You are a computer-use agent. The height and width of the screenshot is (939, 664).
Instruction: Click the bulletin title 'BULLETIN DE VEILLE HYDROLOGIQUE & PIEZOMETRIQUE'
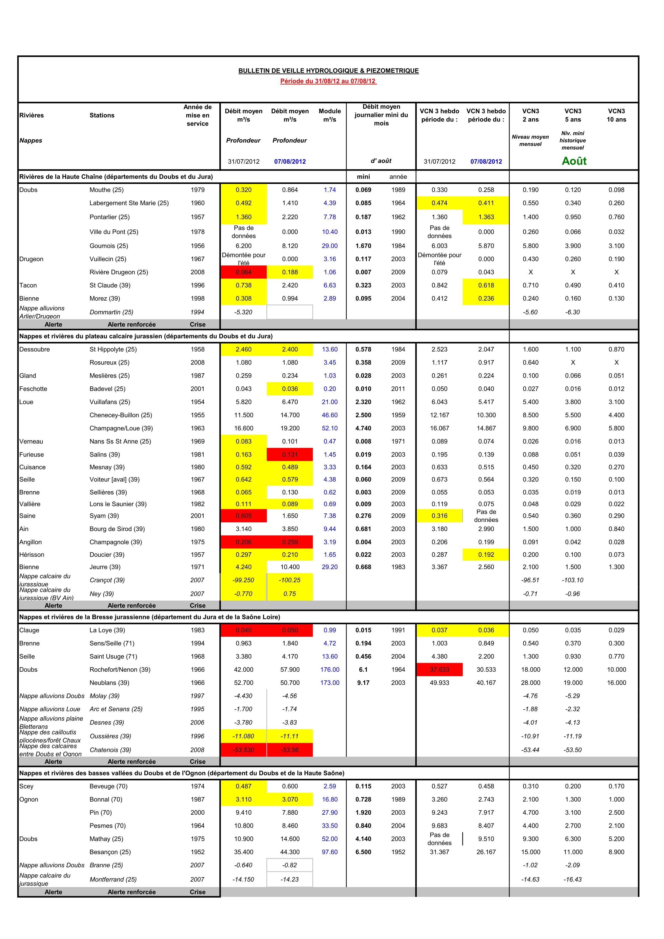(x=328, y=71)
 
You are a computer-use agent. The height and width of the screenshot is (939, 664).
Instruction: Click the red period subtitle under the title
(x=328, y=81)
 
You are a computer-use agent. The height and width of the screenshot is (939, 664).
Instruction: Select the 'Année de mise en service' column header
(x=197, y=115)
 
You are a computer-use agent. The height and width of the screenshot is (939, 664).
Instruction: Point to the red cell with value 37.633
(x=439, y=670)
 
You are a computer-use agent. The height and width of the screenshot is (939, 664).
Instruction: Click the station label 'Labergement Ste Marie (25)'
(x=129, y=203)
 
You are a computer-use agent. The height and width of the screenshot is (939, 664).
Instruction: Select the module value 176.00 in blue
(x=330, y=670)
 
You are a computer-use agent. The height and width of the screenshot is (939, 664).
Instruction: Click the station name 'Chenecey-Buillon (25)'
(x=121, y=415)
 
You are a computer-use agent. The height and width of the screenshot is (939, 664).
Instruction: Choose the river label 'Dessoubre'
(x=34, y=349)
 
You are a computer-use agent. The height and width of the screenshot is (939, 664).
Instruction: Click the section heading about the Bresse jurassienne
(x=150, y=617)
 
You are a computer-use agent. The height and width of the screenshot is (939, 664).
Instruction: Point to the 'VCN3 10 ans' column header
(x=616, y=115)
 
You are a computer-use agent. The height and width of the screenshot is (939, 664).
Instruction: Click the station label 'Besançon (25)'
(x=110, y=852)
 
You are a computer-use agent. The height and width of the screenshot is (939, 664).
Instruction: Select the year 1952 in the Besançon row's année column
(x=398, y=852)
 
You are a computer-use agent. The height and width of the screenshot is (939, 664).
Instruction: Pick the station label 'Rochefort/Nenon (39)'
(x=120, y=670)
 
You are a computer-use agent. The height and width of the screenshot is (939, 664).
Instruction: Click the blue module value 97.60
(x=330, y=852)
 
